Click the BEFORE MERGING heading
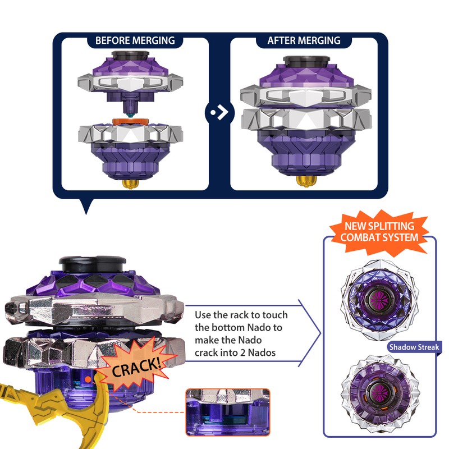(x=135, y=40)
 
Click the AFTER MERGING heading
(x=304, y=40)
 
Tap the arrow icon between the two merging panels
(x=220, y=112)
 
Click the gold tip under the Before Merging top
(x=130, y=184)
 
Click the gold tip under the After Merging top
(x=306, y=181)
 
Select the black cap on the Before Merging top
(x=130, y=55)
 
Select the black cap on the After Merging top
(x=306, y=62)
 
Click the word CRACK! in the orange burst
(x=136, y=368)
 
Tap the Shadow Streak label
(x=414, y=347)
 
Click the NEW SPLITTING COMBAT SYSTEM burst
(x=379, y=232)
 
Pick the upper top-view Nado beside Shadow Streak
(x=379, y=300)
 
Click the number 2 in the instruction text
(x=242, y=352)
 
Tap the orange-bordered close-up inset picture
(x=228, y=413)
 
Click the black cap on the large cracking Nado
(x=92, y=264)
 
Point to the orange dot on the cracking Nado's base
(x=88, y=380)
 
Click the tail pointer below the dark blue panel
(x=86, y=205)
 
